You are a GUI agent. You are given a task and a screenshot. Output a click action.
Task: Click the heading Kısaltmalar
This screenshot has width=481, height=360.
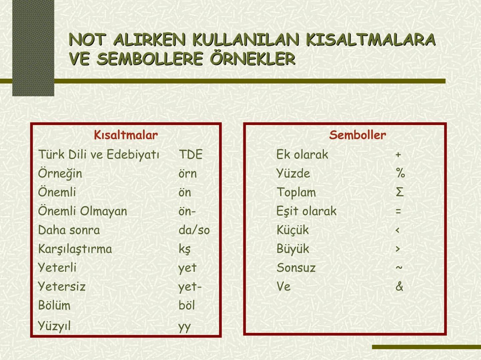tap(126, 135)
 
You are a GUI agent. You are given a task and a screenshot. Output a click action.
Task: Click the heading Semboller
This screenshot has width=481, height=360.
tap(357, 135)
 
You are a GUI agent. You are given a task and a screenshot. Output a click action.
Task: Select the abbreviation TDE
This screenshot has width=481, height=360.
tap(191, 154)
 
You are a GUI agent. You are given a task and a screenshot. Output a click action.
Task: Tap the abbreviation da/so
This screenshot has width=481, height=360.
tap(194, 230)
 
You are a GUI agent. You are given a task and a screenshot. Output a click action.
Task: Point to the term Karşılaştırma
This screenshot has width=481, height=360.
tap(75, 249)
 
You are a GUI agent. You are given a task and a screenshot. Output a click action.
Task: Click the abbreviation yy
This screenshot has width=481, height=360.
tap(185, 326)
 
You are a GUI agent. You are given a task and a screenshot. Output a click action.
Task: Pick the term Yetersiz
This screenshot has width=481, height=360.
tap(62, 287)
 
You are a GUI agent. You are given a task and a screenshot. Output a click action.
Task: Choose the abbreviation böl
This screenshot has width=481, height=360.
tap(187, 305)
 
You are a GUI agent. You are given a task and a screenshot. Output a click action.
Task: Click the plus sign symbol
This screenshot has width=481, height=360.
tap(398, 155)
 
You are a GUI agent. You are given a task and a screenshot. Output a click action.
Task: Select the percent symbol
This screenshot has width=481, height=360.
tap(400, 173)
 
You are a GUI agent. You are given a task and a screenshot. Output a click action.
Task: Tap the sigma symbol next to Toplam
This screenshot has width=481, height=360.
tap(400, 192)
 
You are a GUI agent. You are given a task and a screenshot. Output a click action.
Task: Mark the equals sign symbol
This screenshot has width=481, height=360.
tap(398, 211)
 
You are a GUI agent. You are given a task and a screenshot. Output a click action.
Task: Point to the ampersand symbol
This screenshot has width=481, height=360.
tap(399, 286)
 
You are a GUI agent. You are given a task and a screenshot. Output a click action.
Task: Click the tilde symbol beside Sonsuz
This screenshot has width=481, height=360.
tap(399, 267)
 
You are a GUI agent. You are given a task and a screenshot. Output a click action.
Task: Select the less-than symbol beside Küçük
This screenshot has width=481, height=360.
tap(397, 230)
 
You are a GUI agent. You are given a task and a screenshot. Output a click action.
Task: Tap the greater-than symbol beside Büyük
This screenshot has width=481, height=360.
tap(398, 249)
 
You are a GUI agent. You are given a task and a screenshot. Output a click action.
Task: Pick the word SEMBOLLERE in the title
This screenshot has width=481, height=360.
tap(150, 59)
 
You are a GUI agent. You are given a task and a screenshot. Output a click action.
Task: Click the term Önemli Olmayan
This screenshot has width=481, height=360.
tap(83, 211)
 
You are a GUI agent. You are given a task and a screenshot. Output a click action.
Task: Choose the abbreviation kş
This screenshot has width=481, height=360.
tap(185, 249)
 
